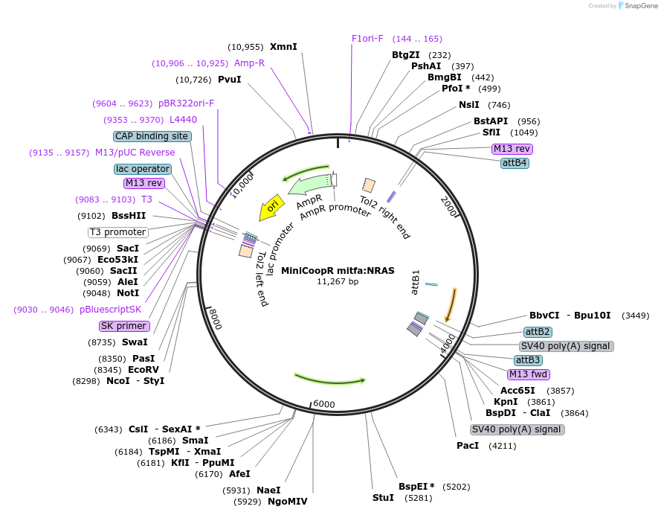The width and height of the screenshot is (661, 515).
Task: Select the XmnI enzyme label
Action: (x=283, y=46)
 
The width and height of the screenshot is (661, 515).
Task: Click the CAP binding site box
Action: (x=152, y=136)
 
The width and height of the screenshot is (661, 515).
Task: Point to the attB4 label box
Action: (x=515, y=162)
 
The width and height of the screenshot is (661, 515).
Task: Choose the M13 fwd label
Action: (x=528, y=374)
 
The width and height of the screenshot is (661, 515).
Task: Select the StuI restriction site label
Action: (x=383, y=498)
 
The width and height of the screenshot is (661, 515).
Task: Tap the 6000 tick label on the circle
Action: (x=324, y=404)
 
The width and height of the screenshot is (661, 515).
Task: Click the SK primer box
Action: (x=124, y=326)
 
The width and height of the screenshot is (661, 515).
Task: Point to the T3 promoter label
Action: (x=117, y=232)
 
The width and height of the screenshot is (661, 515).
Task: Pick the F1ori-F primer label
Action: (x=367, y=38)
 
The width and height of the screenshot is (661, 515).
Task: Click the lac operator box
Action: (x=143, y=169)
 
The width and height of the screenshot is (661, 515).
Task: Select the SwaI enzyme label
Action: (x=135, y=342)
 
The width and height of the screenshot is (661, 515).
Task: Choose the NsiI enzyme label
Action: (x=468, y=104)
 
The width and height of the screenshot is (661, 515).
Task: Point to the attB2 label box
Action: (x=537, y=331)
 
